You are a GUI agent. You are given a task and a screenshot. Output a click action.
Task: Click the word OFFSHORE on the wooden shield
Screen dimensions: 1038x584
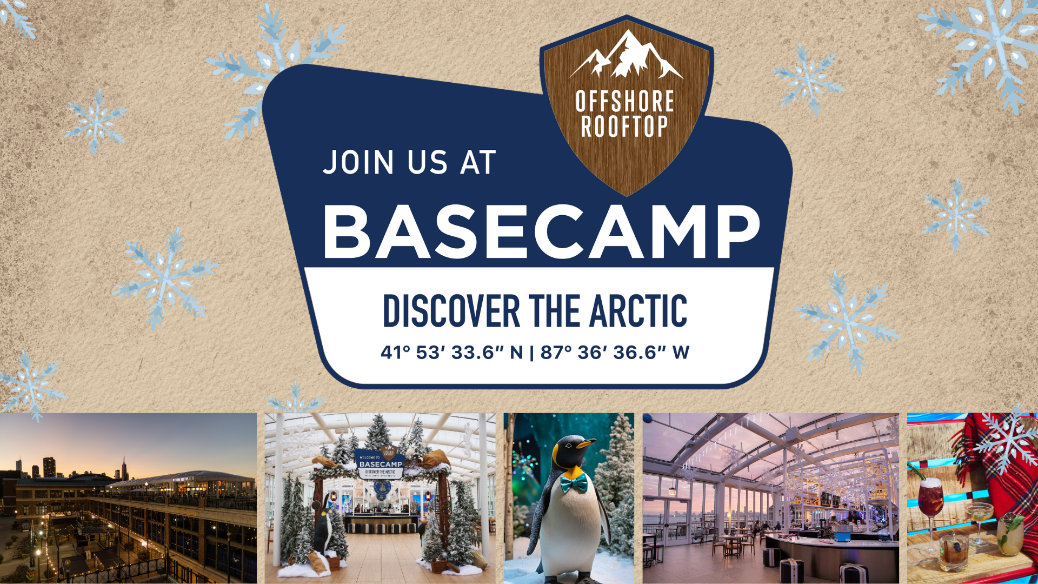(x=624, y=101)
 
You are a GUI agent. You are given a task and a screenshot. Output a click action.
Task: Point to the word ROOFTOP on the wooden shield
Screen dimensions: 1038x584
(x=624, y=126)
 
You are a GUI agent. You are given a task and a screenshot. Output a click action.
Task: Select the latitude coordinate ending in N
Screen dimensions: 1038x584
(x=451, y=353)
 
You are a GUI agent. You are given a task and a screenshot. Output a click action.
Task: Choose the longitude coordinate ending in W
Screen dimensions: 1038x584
(x=615, y=353)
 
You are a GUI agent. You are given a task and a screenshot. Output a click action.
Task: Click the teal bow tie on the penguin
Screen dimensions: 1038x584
(x=574, y=483)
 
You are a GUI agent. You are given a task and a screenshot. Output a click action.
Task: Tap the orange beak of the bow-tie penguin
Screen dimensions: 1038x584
(x=585, y=444)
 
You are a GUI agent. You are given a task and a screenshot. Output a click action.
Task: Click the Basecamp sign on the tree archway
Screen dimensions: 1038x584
(x=381, y=463)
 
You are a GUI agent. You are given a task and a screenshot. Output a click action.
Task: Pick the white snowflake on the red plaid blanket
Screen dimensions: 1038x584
(x=1007, y=441)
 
